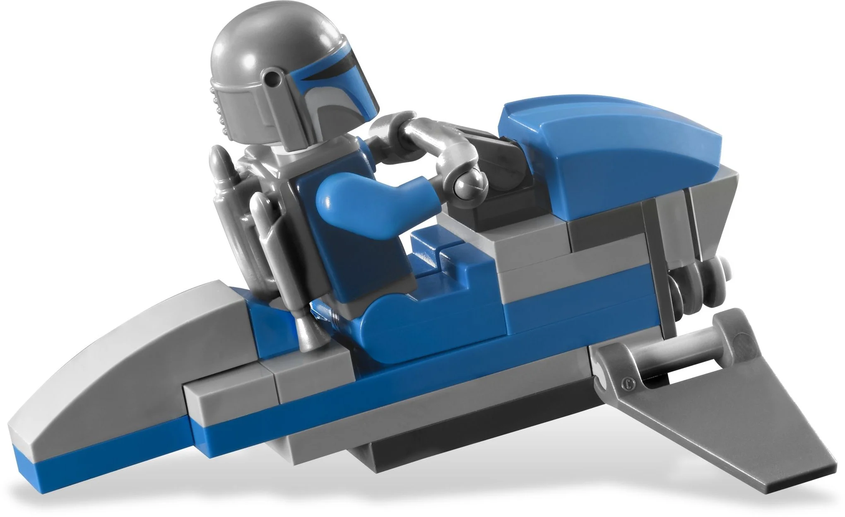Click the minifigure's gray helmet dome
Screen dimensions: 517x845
tap(265, 46)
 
